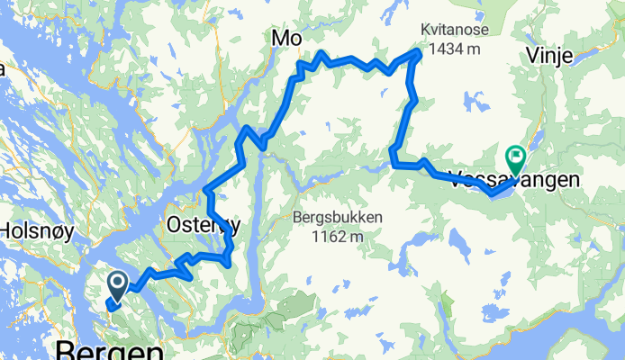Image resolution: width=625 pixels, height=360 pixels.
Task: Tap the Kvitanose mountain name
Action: coord(450,31)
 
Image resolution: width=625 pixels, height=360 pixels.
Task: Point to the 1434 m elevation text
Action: coord(450,50)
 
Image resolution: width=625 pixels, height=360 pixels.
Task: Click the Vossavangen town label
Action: coord(513,179)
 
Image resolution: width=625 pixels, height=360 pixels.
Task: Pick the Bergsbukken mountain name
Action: coord(338,217)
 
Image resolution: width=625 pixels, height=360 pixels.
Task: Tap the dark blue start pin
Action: coord(118,286)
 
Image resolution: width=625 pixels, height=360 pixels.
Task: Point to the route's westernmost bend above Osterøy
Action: coord(207,189)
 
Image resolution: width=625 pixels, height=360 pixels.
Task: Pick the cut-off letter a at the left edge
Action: coord(3,67)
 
